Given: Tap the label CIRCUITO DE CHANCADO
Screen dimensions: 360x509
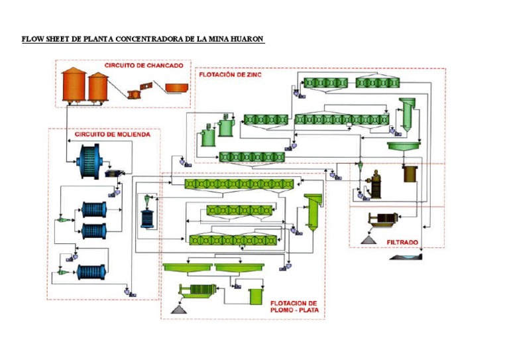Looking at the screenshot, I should click(143, 65).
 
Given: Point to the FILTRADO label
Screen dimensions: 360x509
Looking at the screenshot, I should click(402, 242).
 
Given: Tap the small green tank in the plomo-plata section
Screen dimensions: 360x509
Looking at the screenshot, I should click(254, 296).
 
